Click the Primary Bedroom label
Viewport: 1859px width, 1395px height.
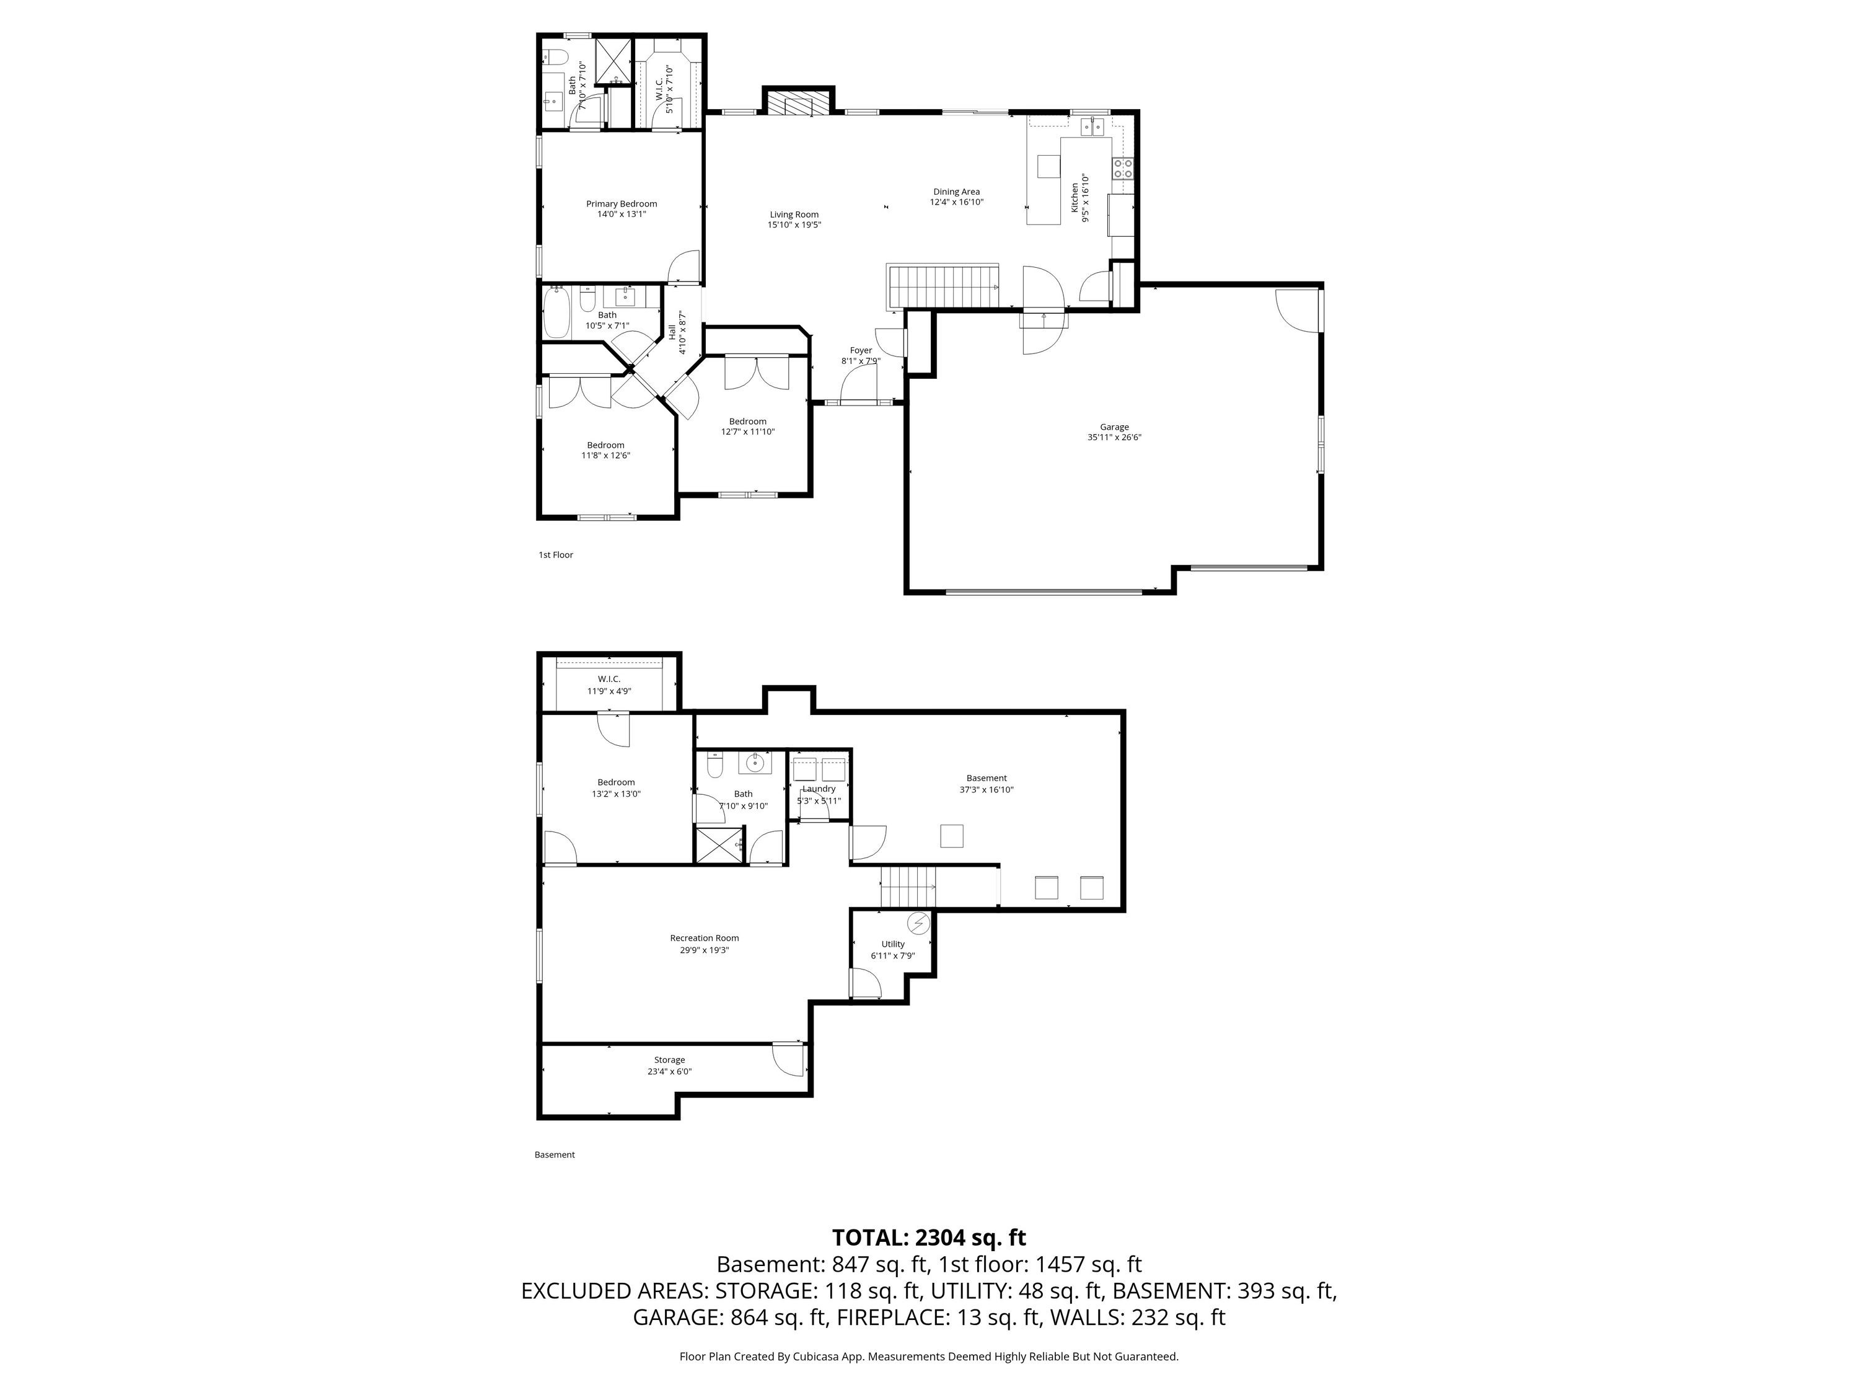click(x=621, y=203)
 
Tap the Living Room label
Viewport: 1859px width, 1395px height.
click(x=794, y=215)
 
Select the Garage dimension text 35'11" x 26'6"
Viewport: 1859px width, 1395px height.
click(x=1114, y=437)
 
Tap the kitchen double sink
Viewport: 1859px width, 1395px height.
click(x=1092, y=127)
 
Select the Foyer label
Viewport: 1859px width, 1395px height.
click(x=861, y=351)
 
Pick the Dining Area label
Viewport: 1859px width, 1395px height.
click(x=956, y=192)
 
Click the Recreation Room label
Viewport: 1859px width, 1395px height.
click(x=705, y=939)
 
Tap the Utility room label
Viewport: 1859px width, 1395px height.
click(x=894, y=944)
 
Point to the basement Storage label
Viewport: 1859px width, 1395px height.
click(x=670, y=1060)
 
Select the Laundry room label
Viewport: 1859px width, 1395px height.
click(x=819, y=789)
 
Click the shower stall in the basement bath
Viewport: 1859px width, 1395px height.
click(x=719, y=845)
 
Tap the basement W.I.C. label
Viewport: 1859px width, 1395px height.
click(x=609, y=678)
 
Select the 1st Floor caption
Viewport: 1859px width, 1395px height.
click(x=555, y=555)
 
